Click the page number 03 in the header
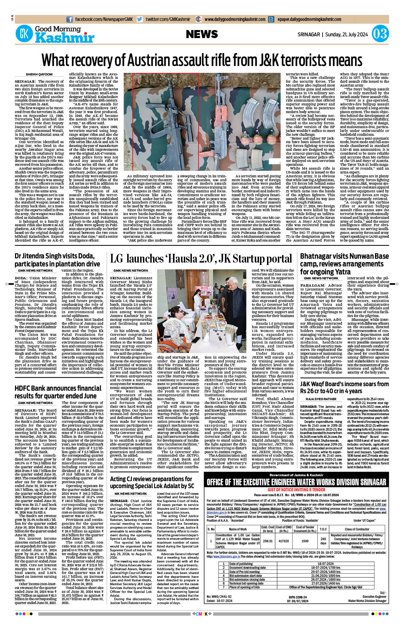pos(380,34)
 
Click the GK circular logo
pos(24,34)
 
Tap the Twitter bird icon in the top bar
pos(140,20)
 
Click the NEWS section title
pos(202,34)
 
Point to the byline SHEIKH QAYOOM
pos(39,74)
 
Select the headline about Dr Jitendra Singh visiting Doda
pos(57,260)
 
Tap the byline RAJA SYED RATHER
pos(321,399)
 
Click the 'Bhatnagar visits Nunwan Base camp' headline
pos(344,264)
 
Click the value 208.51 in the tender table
pos(268,541)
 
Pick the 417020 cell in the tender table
pos(283,541)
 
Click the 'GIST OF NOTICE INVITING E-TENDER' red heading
pos(296,490)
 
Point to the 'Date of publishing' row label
pos(241,564)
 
